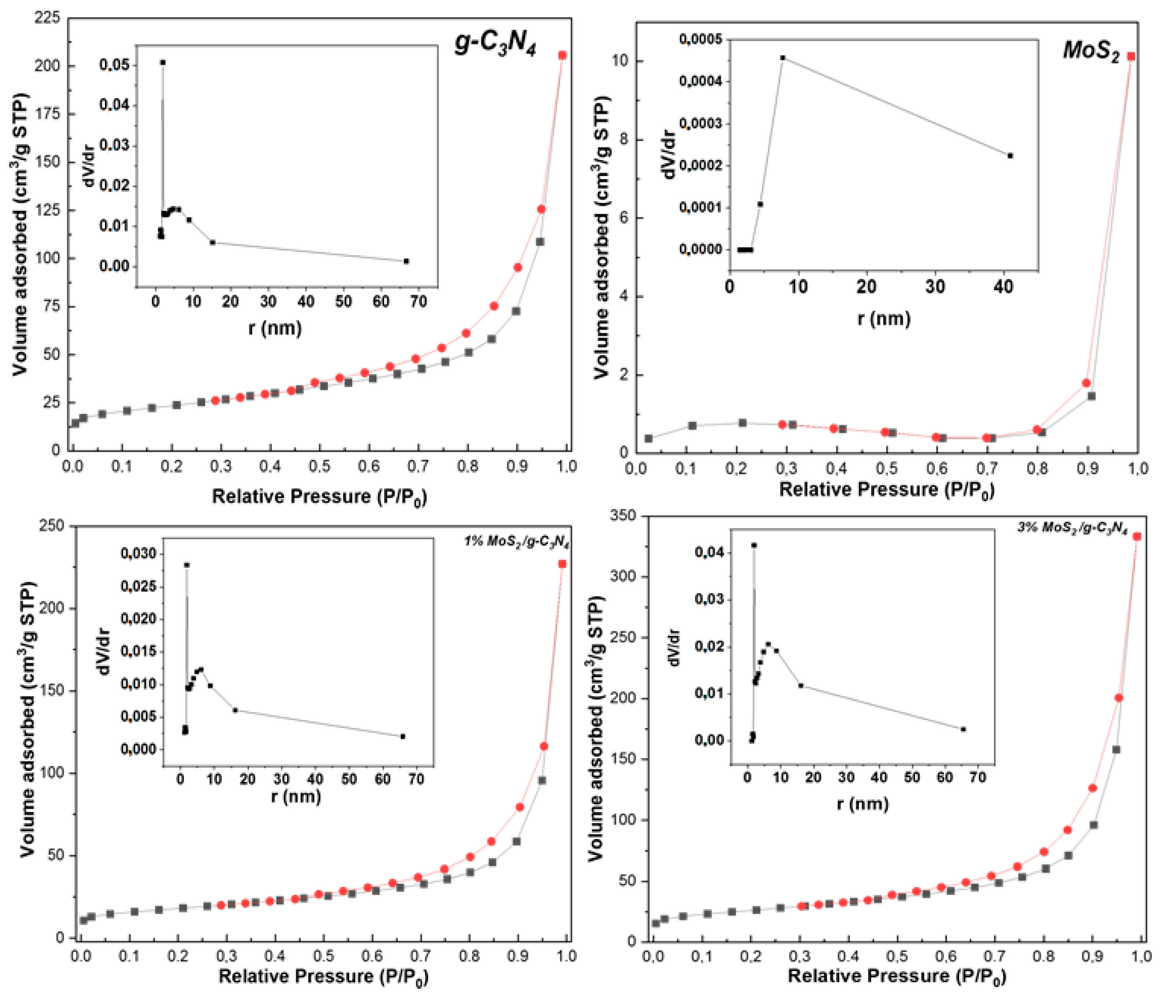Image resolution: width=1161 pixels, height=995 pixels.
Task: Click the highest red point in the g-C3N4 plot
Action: click(562, 55)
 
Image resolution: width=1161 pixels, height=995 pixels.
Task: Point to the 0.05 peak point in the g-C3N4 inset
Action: click(162, 62)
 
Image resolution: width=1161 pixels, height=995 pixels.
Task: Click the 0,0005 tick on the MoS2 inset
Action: click(700, 39)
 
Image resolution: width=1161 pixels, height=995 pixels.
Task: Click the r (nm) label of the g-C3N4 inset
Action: click(275, 328)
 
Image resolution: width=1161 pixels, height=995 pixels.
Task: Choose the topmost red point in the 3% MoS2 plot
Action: click(1137, 536)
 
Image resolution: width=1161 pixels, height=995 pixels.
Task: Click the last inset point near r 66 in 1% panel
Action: click(402, 736)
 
